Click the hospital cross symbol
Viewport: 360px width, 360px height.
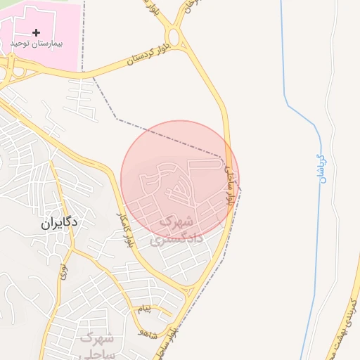36,32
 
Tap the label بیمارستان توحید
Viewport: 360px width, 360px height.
37,44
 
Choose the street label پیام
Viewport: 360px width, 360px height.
142,309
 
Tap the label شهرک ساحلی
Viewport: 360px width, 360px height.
96,345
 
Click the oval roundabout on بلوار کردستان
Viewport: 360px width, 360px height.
174,37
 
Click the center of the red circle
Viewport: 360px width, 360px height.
179,179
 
